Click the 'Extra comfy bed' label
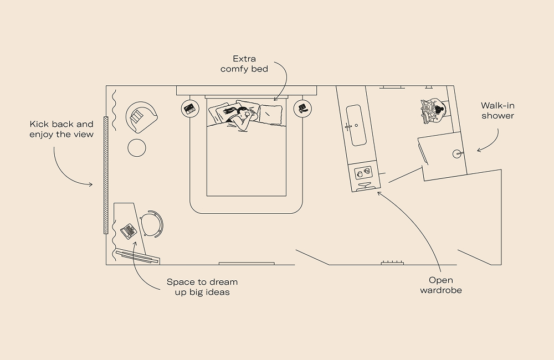(x=244, y=64)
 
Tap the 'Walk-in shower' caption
(x=497, y=110)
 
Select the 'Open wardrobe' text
(x=441, y=285)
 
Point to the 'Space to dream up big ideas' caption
(x=198, y=287)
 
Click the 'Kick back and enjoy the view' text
(x=61, y=129)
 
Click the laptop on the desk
(x=129, y=230)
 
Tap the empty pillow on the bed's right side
(x=271, y=114)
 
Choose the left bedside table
(x=191, y=108)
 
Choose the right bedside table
(x=302, y=108)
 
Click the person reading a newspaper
(x=434, y=111)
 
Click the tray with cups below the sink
(x=363, y=173)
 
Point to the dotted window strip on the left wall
(x=105, y=183)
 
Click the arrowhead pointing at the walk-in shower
(x=478, y=150)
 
